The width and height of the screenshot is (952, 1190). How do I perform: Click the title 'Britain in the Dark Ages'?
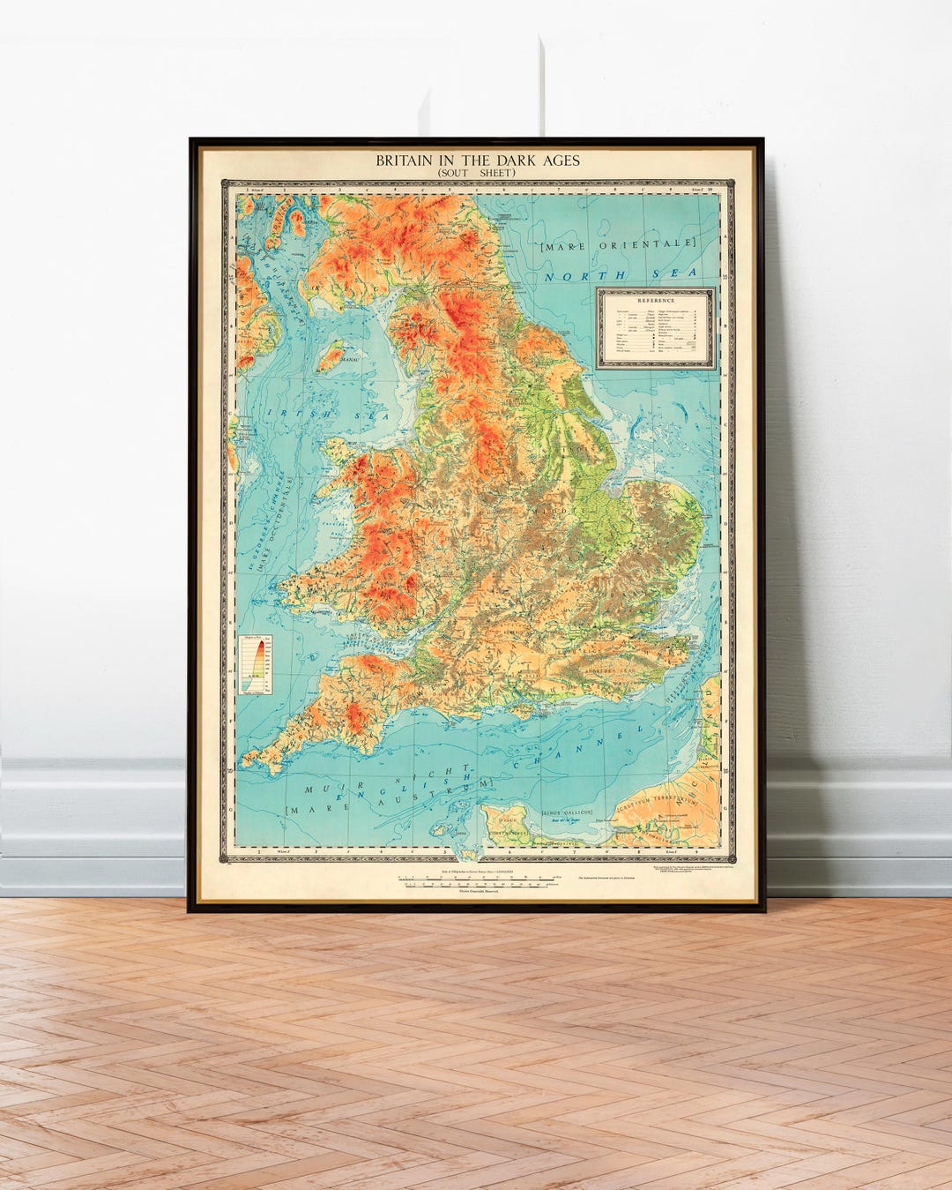[478, 161]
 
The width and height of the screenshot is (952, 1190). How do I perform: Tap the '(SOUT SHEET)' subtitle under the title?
[477, 173]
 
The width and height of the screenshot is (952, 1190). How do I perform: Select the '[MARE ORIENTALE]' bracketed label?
[619, 243]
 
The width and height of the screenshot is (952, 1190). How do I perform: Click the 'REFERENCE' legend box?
[655, 327]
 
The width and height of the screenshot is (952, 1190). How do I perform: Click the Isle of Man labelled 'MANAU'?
[330, 357]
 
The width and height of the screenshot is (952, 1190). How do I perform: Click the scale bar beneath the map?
[477, 879]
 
